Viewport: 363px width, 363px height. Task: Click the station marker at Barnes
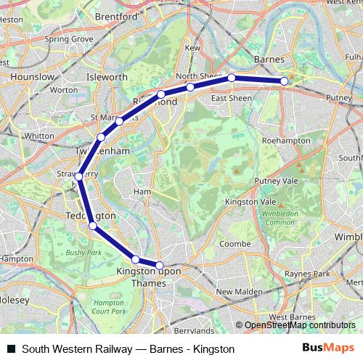pyautogui.click(x=285, y=81)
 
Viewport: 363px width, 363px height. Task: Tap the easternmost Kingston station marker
pyautogui.click(x=160, y=266)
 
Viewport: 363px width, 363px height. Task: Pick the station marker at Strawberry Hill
pyautogui.click(x=78, y=176)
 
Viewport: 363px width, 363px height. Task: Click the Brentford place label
pyautogui.click(x=116, y=15)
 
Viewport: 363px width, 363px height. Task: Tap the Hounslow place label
pyautogui.click(x=30, y=76)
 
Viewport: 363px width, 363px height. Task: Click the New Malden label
pyautogui.click(x=233, y=291)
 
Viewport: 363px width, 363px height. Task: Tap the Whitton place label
pyautogui.click(x=39, y=136)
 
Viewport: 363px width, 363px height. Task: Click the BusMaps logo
pyautogui.click(x=328, y=349)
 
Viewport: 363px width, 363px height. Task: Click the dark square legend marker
pyautogui.click(x=11, y=349)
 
